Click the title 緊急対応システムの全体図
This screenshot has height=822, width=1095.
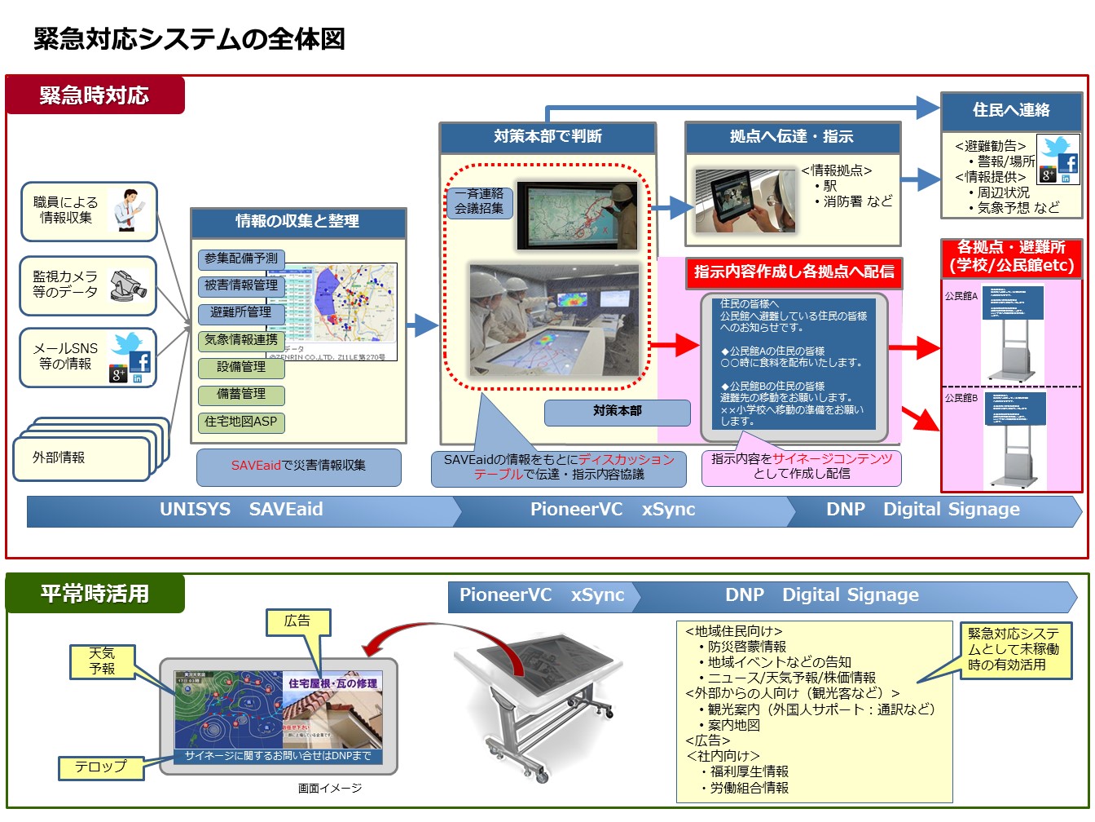(x=189, y=38)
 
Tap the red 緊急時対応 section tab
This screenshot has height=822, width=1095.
(x=95, y=95)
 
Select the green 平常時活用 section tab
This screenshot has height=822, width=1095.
(x=95, y=594)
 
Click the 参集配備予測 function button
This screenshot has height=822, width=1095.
(x=240, y=259)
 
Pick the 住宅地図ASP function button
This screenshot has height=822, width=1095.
(x=240, y=422)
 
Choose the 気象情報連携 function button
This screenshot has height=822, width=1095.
(x=240, y=340)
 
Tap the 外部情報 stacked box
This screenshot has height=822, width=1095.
(x=81, y=458)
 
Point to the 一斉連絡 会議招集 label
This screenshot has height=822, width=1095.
(x=479, y=201)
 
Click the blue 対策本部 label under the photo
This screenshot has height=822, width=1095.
(x=617, y=412)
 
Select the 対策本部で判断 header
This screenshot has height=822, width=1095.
(x=547, y=137)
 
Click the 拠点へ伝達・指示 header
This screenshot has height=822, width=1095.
(x=792, y=137)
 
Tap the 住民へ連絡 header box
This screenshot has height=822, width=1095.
(x=1011, y=110)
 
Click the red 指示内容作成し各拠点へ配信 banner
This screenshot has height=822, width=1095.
(x=794, y=272)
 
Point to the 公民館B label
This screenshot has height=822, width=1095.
(x=961, y=398)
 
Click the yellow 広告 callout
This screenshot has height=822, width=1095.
(x=297, y=621)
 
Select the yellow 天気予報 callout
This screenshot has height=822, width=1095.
(x=102, y=661)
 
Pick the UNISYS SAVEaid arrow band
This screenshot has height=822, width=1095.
(x=241, y=510)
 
